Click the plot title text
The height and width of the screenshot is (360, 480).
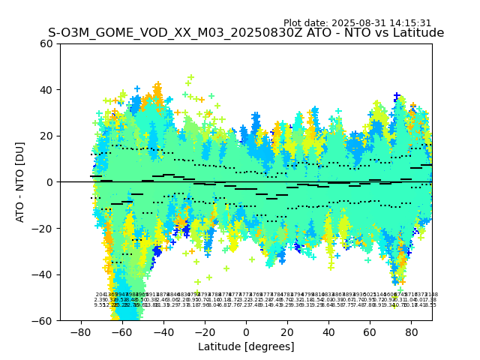point(246,33)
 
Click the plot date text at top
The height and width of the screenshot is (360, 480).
point(357,23)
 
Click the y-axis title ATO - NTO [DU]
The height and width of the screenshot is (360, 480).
point(21,182)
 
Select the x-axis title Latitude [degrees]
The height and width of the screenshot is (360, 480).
point(246,346)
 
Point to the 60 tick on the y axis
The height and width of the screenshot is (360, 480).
point(47,43)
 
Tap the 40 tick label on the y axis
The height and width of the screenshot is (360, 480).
point(47,90)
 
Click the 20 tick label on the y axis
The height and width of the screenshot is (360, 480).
point(47,136)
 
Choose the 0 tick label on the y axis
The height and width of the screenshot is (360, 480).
point(50,182)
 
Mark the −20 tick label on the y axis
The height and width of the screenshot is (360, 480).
point(44,229)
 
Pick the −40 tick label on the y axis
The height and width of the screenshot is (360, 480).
point(44,274)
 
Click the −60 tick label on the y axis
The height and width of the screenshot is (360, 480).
point(44,321)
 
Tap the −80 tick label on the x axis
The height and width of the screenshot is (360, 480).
point(80,331)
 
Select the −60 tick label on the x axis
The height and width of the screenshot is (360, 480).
point(121,331)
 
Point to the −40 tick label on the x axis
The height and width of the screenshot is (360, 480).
point(163,331)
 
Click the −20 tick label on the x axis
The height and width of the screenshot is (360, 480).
point(204,331)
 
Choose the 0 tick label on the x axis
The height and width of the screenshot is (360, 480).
point(246,331)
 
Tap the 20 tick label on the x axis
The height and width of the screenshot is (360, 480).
point(287,331)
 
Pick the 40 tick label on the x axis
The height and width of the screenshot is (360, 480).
point(328,331)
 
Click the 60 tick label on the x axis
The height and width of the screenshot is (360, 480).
point(370,331)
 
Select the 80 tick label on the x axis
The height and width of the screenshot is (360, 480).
point(411,331)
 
